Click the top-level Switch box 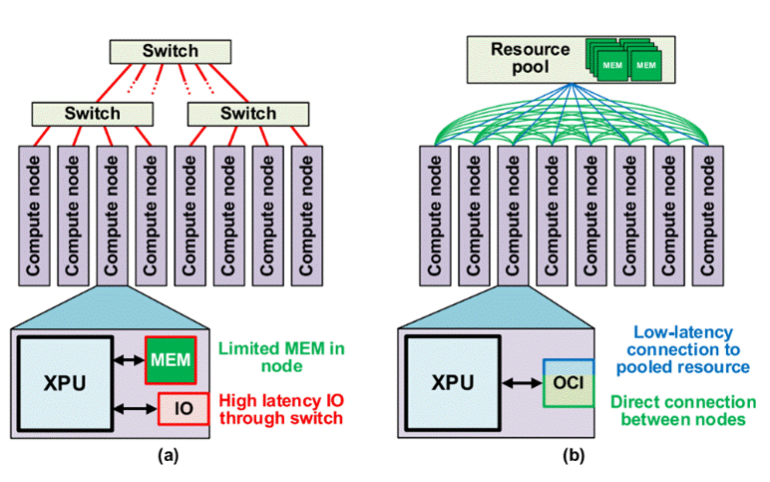click(x=169, y=51)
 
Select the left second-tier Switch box click(x=92, y=113)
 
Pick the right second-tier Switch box click(x=246, y=113)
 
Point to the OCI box click(x=568, y=384)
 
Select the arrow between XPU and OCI click(x=520, y=384)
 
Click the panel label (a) click(x=169, y=457)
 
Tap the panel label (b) click(x=573, y=457)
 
